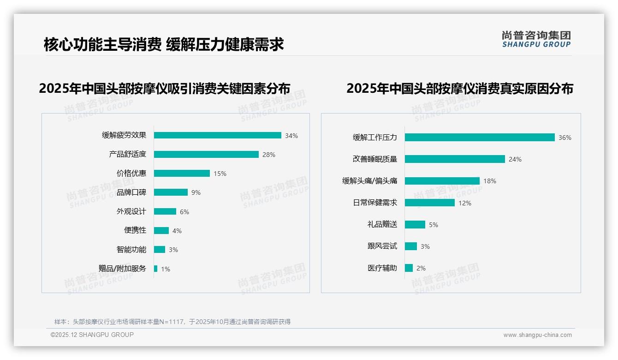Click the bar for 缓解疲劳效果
click(217, 135)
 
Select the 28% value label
click(268, 155)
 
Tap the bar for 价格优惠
click(182, 174)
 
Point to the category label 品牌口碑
click(131, 192)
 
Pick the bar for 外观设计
click(165, 211)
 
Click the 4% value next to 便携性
click(177, 231)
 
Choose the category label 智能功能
click(131, 250)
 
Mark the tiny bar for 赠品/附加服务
click(155, 269)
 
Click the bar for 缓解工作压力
click(480, 138)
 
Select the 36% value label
click(565, 138)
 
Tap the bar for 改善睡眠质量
click(455, 159)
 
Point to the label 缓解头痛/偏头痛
click(369, 181)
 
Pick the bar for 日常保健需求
click(429, 203)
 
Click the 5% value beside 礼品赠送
click(434, 225)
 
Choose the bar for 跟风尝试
click(410, 246)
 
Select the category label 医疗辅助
click(382, 268)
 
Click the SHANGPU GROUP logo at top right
click(536, 39)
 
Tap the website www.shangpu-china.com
click(537, 335)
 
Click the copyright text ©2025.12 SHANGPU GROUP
click(92, 335)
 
